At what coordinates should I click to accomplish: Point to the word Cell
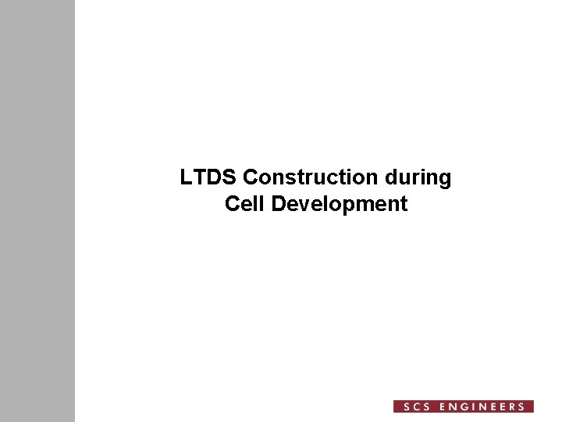[241, 205]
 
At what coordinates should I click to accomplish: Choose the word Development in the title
[340, 205]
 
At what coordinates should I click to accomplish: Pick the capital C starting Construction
[251, 178]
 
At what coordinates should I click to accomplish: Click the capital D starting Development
[279, 205]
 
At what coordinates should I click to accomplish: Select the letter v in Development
[302, 206]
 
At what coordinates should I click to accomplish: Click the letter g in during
[445, 181]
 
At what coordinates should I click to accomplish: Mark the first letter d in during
[397, 178]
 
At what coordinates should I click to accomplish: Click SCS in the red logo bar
[413, 406]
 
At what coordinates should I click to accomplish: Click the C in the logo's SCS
[413, 406]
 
